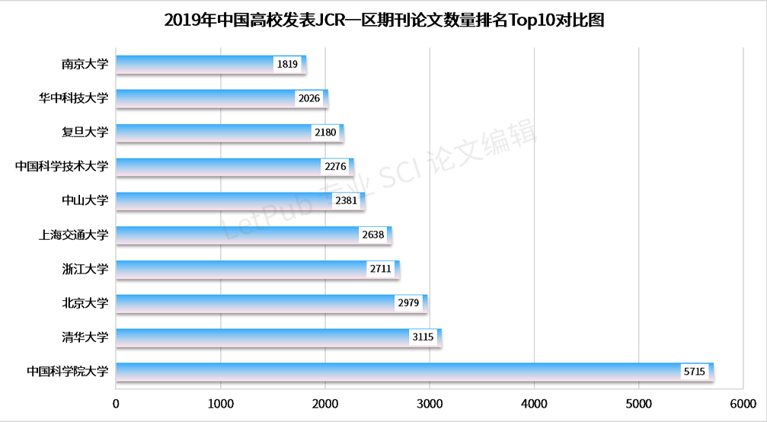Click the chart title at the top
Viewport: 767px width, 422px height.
[384, 21]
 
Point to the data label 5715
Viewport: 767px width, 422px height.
[695, 372]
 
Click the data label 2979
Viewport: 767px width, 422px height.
[408, 303]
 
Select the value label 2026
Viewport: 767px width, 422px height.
[308, 98]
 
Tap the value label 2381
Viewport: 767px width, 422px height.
[346, 201]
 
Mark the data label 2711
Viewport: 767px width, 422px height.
[380, 269]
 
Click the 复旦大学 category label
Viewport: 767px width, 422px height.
[85, 133]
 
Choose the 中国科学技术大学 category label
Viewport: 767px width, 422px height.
[62, 166]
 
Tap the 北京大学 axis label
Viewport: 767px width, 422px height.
[85, 303]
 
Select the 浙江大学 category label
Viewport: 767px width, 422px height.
[85, 269]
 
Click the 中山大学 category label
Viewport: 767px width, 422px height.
[85, 200]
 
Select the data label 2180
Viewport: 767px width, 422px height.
[324, 133]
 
